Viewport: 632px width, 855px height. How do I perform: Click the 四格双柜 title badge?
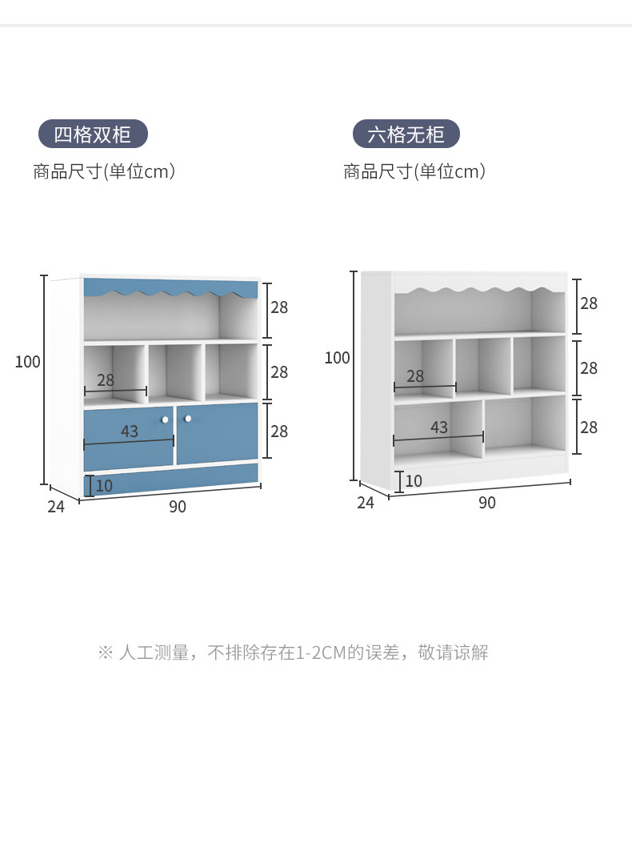point(93,134)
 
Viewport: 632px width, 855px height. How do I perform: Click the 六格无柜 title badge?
point(406,134)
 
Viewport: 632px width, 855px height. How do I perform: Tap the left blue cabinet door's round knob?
point(165,419)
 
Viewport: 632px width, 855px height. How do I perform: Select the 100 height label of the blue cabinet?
point(27,362)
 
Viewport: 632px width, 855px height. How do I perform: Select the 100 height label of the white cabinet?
point(337,358)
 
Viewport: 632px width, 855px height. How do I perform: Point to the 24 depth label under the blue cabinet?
point(55,507)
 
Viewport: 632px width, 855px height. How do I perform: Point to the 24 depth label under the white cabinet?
point(365,503)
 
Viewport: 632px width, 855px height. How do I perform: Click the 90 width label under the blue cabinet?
point(178,507)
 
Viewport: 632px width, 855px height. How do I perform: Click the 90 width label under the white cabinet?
point(486,503)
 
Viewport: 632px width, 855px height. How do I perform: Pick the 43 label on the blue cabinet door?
point(130,432)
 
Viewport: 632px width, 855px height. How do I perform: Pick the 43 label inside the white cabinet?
point(438,427)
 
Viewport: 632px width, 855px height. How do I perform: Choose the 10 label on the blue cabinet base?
point(104,485)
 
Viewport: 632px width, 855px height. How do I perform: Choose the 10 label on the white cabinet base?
point(413,481)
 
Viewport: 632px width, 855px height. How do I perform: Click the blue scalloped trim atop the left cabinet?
point(170,287)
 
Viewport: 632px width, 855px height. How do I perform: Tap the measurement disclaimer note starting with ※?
point(293,652)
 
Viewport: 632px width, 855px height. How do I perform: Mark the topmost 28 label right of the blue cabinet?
point(278,307)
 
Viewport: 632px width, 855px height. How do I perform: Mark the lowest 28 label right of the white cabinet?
point(588,427)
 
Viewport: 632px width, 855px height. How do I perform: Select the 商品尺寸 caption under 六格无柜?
point(414,171)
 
